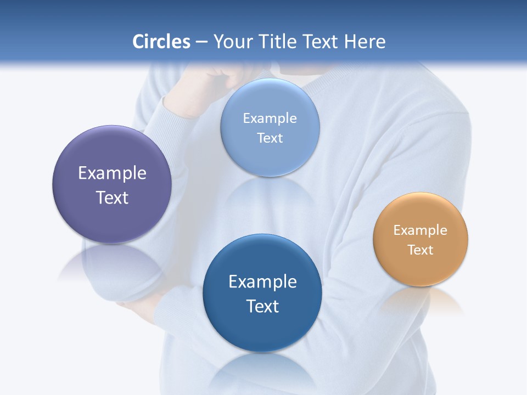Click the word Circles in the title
tap(161, 42)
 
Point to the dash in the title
tap(201, 42)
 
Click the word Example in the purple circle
tap(112, 173)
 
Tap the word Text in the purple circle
tap(112, 198)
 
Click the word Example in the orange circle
tap(421, 230)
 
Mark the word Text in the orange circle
tap(421, 250)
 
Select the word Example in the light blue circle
tap(270, 119)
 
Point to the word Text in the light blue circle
tap(270, 138)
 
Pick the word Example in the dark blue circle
tap(262, 282)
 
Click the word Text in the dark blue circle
tap(262, 306)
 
